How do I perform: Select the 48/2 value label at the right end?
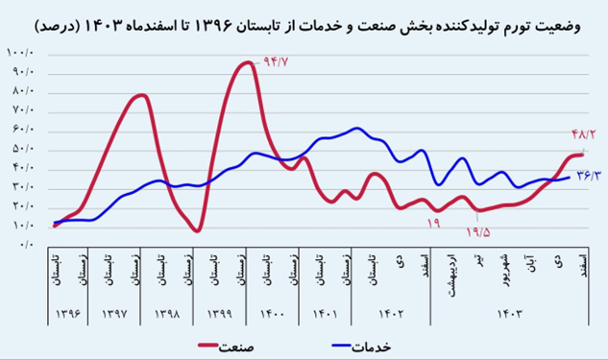583,135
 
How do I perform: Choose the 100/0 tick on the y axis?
20,52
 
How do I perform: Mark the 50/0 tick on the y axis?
21,149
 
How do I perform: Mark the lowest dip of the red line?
195,230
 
